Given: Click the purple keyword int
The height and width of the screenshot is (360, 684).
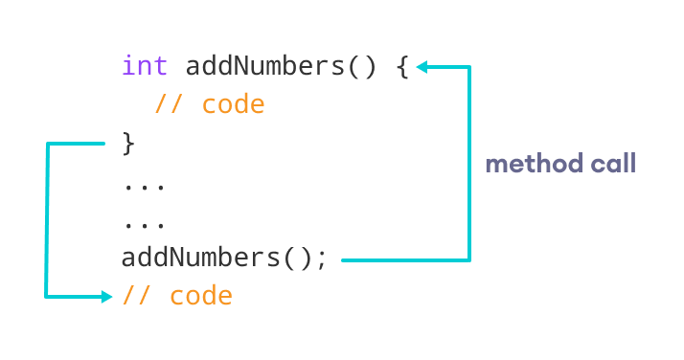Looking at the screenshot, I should coord(145,66).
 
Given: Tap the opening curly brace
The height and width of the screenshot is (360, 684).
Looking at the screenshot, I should coord(402,67).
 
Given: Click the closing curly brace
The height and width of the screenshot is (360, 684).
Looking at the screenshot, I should coord(129,144).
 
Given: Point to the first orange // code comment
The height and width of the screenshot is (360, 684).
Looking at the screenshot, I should coord(209,104).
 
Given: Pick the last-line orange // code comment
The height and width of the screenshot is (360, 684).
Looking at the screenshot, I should coord(177,296).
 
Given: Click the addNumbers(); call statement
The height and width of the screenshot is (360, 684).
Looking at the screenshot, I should coord(224,259).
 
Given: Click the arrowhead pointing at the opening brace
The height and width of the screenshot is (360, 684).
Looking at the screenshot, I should coord(422,67).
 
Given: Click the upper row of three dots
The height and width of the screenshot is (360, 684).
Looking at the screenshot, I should coord(145,186).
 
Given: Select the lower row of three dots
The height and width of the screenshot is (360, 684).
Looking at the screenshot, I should coord(145,224).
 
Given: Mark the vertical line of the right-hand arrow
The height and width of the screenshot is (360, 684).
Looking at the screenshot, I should coord(469,163).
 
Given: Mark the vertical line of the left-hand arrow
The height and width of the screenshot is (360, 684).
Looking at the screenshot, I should coord(46,220).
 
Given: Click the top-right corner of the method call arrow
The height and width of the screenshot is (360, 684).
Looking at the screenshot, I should coord(469,67).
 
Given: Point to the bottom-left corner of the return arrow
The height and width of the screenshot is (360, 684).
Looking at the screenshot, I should coord(46,297).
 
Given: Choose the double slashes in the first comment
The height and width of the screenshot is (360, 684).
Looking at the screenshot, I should coord(169,104).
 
